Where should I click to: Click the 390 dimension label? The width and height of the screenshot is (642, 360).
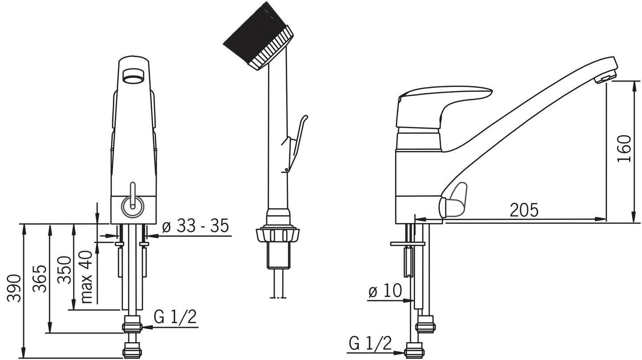point(14,288)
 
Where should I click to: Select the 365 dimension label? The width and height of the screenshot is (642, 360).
point(39,278)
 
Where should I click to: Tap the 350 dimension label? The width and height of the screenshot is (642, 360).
point(64,270)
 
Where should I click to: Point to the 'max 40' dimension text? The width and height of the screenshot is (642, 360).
point(86,277)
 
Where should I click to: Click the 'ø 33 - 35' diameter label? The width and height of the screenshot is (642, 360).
point(195,226)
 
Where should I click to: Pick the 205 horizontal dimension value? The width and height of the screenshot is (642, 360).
point(524,210)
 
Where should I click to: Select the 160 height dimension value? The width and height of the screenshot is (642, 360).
point(624,149)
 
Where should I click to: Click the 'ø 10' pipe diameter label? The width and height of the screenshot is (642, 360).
point(385,291)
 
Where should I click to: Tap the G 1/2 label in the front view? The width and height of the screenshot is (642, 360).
point(175,317)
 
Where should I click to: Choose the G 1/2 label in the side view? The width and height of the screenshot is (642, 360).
point(370,343)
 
